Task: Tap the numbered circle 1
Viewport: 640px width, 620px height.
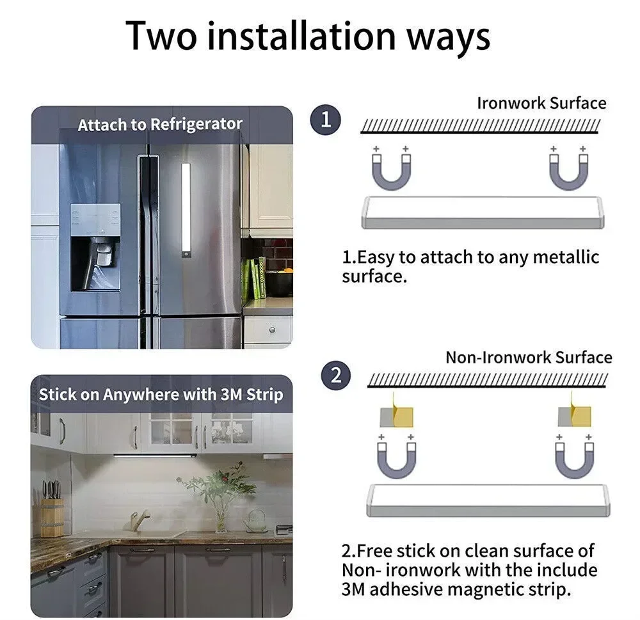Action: pyautogui.click(x=326, y=120)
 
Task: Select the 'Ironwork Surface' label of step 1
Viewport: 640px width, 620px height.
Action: pyautogui.click(x=541, y=103)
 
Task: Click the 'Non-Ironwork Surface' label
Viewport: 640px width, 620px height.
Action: pyautogui.click(x=529, y=357)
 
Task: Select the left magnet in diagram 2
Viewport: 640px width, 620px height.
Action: pyautogui.click(x=397, y=457)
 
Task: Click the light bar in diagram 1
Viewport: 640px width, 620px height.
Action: pyautogui.click(x=483, y=212)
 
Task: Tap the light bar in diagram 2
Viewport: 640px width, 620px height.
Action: pyautogui.click(x=488, y=500)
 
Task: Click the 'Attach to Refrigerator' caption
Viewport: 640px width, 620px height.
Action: pyautogui.click(x=160, y=124)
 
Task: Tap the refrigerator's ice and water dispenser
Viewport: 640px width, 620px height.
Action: pyautogui.click(x=95, y=247)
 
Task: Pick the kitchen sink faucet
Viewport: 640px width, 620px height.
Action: pyautogui.click(x=139, y=520)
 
